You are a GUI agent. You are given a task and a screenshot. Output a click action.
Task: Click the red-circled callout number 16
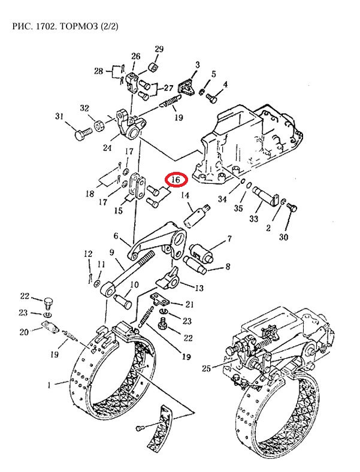(176, 180)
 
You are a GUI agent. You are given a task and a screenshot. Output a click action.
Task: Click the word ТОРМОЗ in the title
(79, 26)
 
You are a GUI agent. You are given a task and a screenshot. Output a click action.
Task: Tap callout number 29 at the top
(159, 49)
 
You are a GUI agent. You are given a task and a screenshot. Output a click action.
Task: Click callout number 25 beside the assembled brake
(206, 368)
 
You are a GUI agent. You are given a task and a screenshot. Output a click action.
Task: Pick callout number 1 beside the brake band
(49, 385)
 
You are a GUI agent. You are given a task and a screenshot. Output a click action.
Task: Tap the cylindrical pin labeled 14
(197, 215)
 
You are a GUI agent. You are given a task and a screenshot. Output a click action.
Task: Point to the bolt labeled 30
(292, 208)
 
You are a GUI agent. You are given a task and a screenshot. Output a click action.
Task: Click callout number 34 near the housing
(222, 199)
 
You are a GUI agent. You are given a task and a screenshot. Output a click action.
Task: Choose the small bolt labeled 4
(211, 98)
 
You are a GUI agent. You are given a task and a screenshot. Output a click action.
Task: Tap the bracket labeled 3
(187, 87)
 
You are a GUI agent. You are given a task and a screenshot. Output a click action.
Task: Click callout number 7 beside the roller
(229, 239)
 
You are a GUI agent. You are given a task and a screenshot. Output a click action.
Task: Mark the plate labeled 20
(50, 328)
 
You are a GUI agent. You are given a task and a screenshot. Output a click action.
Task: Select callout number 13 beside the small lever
(199, 288)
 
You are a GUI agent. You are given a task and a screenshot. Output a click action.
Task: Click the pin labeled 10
(123, 301)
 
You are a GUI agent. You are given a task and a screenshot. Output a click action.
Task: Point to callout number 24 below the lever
(107, 148)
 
